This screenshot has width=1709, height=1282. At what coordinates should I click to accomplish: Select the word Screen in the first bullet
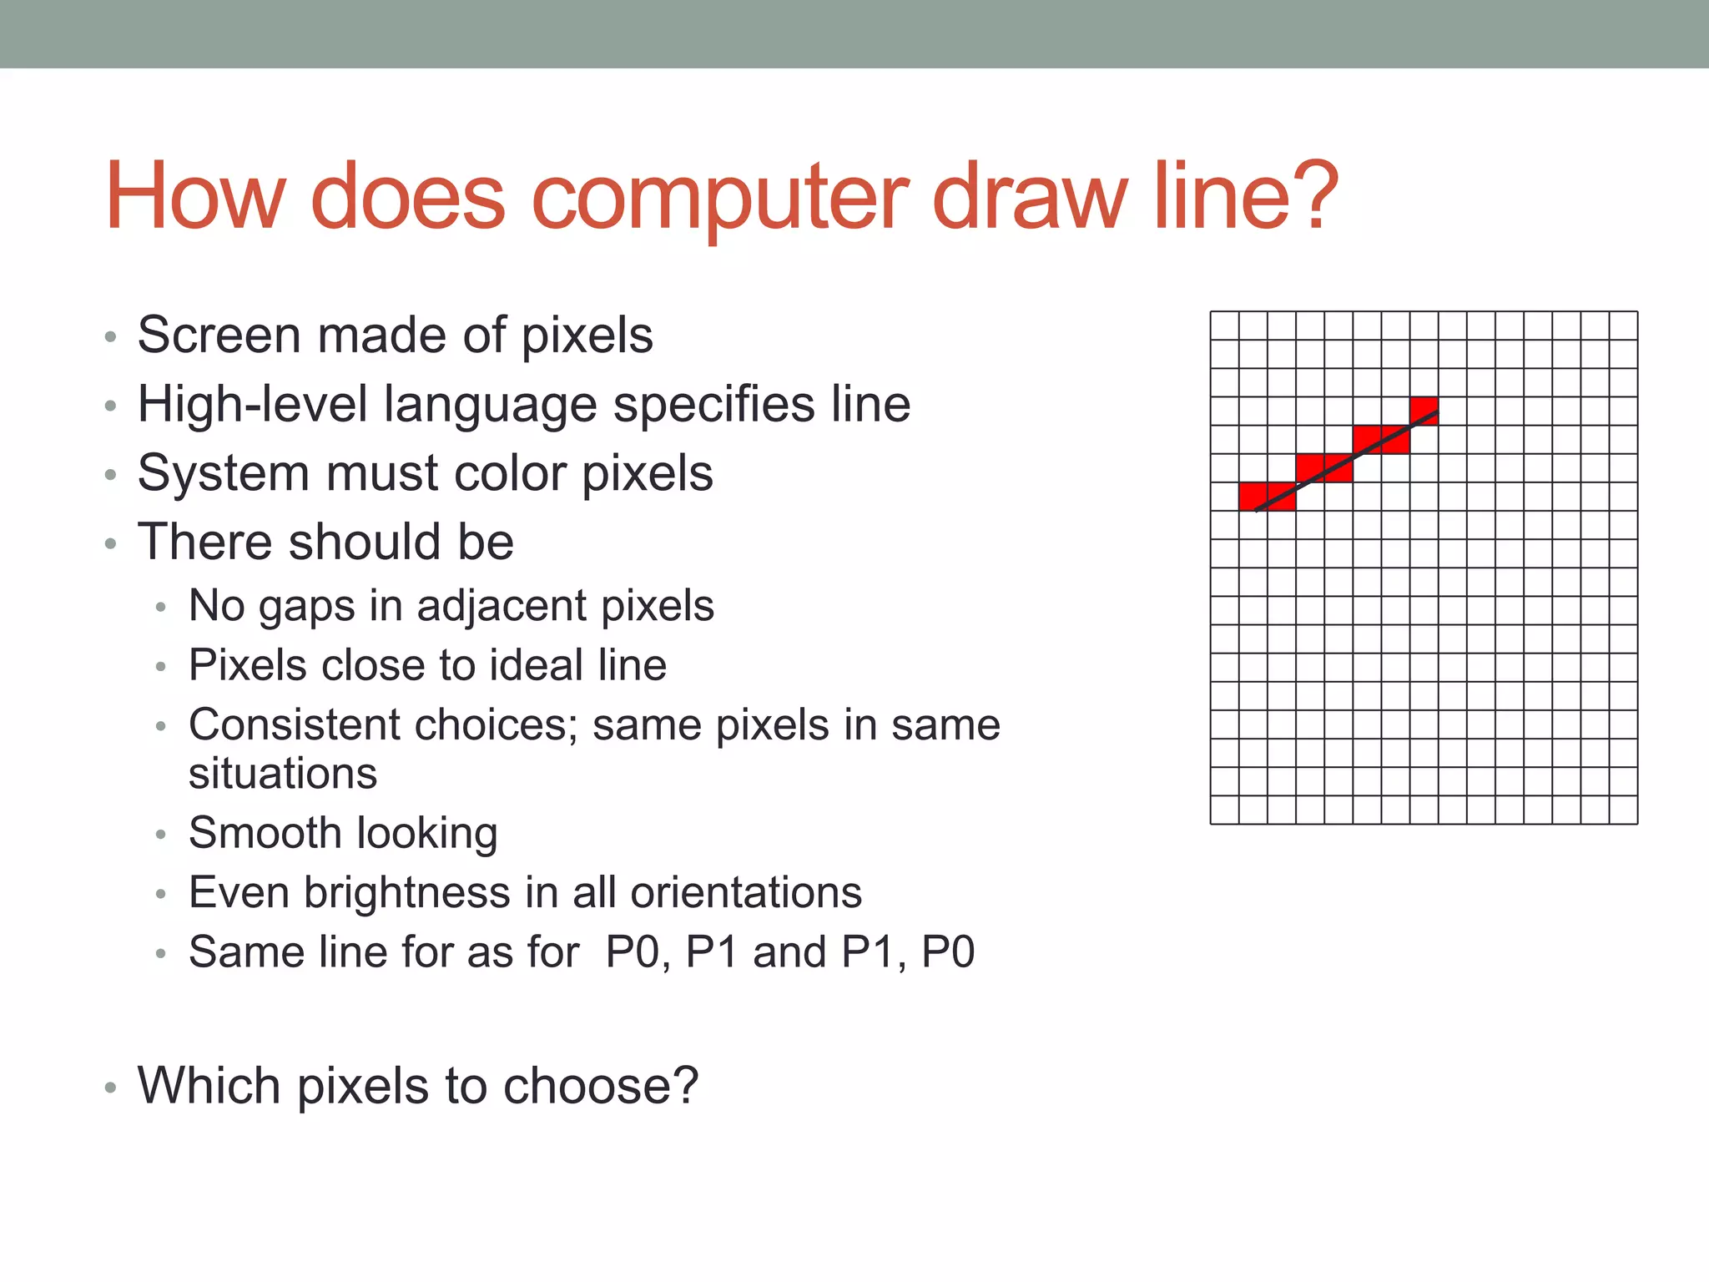point(219,336)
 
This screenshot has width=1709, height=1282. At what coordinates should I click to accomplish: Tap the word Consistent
point(294,724)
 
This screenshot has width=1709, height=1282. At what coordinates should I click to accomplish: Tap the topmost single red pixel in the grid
point(1424,411)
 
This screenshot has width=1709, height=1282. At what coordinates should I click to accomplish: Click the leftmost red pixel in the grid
point(1253,496)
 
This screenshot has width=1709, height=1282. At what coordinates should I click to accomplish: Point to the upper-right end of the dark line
point(1437,412)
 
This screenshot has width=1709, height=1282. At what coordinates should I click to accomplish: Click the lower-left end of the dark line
point(1257,509)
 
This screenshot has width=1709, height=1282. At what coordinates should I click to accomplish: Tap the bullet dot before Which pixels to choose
point(110,1088)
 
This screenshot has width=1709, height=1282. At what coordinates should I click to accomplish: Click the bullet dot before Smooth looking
point(161,835)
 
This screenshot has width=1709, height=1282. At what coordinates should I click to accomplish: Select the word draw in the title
point(1028,199)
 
